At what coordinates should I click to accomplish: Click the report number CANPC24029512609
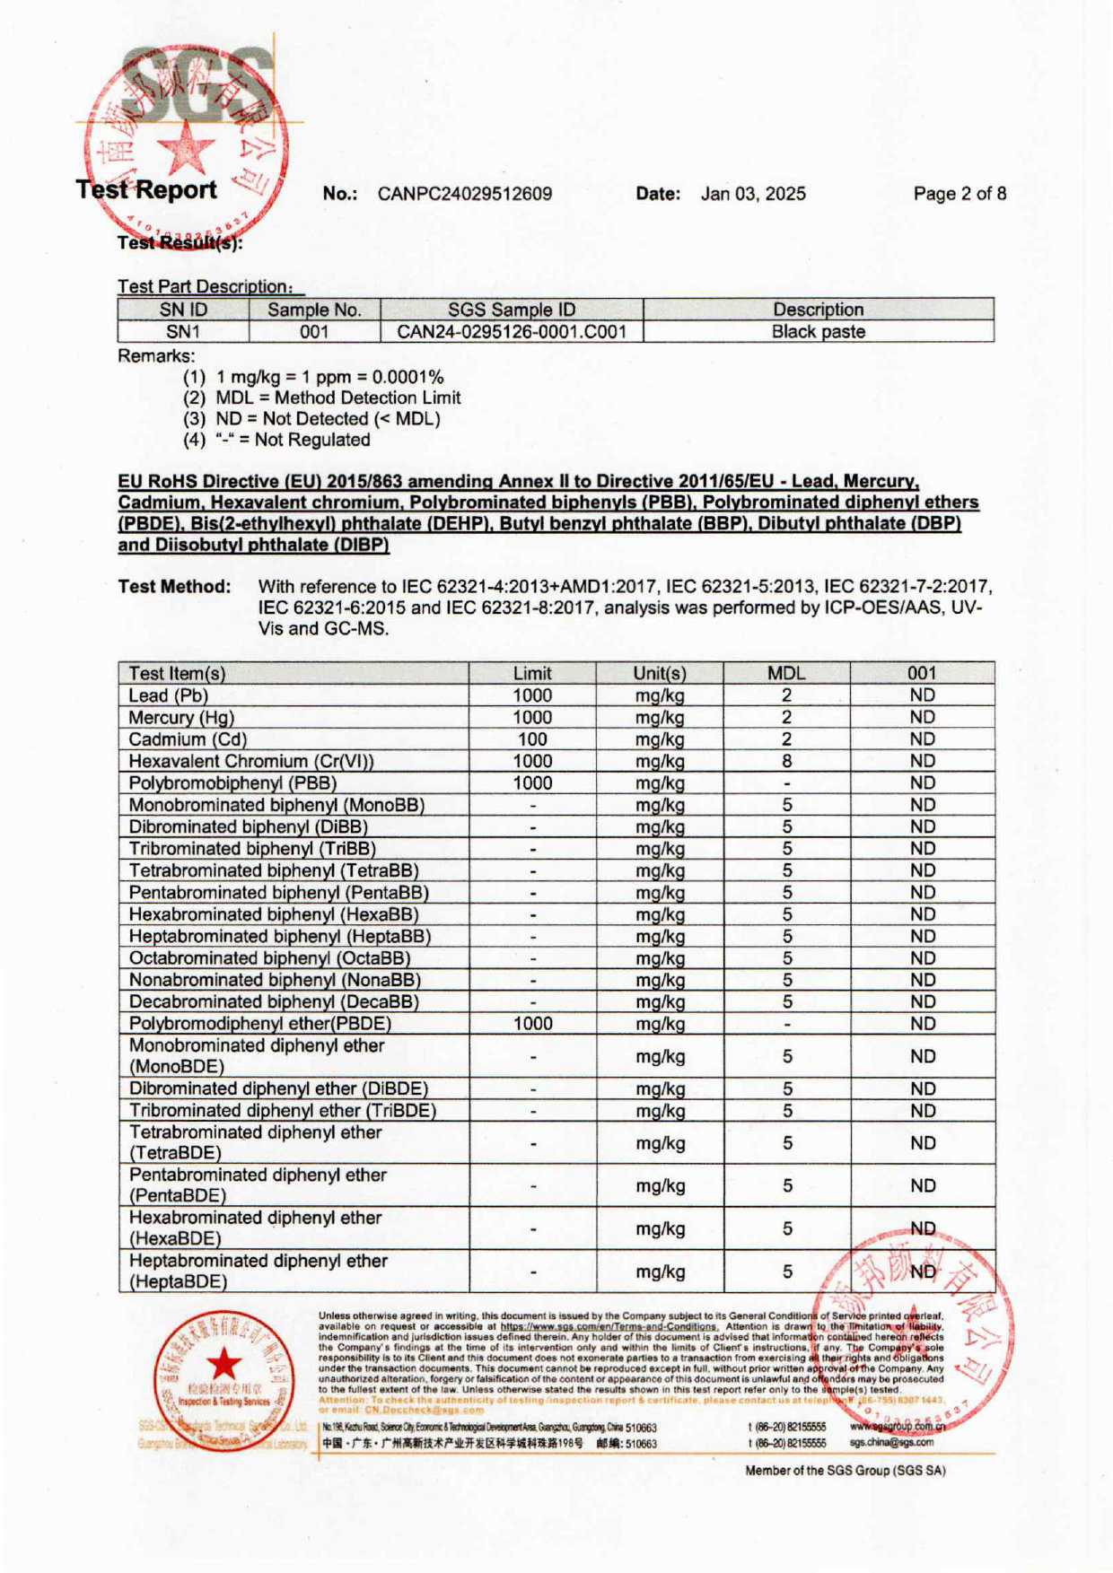[x=464, y=194]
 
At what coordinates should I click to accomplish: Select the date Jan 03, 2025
[x=753, y=194]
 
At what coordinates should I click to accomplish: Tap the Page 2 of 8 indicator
[x=960, y=194]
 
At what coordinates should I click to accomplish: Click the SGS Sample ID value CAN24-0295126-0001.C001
[x=512, y=331]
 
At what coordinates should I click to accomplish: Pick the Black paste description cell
[x=819, y=331]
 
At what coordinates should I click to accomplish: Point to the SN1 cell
[x=183, y=331]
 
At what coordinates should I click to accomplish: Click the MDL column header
[x=786, y=673]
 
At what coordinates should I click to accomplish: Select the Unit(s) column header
[x=660, y=673]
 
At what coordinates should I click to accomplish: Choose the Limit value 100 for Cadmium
[x=532, y=739]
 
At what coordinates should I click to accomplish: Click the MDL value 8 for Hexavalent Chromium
[x=787, y=761]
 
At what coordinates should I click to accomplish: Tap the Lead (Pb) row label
[x=169, y=695]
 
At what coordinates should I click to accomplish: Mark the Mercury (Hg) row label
[x=181, y=718]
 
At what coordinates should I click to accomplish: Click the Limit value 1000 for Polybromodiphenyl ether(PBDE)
[x=532, y=1024]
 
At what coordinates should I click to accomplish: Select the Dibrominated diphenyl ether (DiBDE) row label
[x=278, y=1088]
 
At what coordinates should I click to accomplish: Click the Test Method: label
[x=174, y=587]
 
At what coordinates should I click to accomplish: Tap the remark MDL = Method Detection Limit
[x=337, y=398]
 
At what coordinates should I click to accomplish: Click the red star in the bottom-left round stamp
[x=224, y=1366]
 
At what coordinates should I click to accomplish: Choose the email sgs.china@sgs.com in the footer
[x=891, y=1443]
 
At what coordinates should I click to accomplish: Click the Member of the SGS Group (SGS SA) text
[x=845, y=1471]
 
